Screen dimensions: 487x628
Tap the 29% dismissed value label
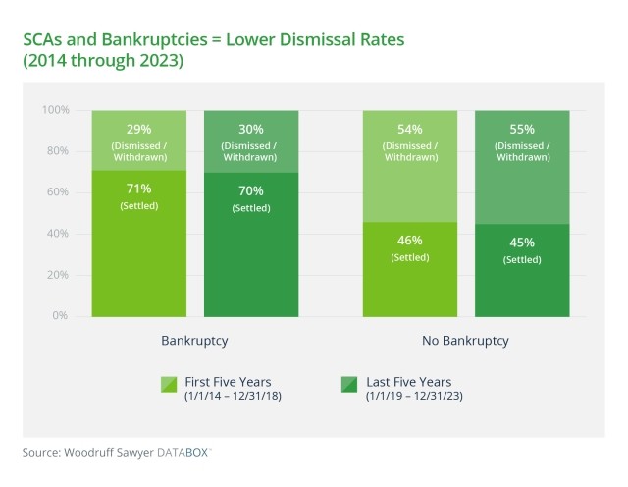pos(138,129)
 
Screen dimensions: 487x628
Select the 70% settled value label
pos(250,189)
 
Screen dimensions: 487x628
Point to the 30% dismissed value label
pos(250,129)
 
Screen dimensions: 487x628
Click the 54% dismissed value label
pos(410,129)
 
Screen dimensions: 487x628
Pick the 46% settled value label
pos(410,241)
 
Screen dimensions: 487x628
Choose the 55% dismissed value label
pos(522,129)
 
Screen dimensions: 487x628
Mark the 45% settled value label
pos(522,243)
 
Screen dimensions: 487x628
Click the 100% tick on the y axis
pos(55,110)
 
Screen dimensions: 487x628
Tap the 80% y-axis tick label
pos(57,151)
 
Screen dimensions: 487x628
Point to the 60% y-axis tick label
pos(57,192)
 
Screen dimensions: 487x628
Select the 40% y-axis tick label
pos(57,234)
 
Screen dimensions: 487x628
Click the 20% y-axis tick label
pos(57,275)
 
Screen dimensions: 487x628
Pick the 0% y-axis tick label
pos(60,316)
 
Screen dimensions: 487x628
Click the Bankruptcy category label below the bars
pos(194,341)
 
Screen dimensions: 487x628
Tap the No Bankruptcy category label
pos(466,341)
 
